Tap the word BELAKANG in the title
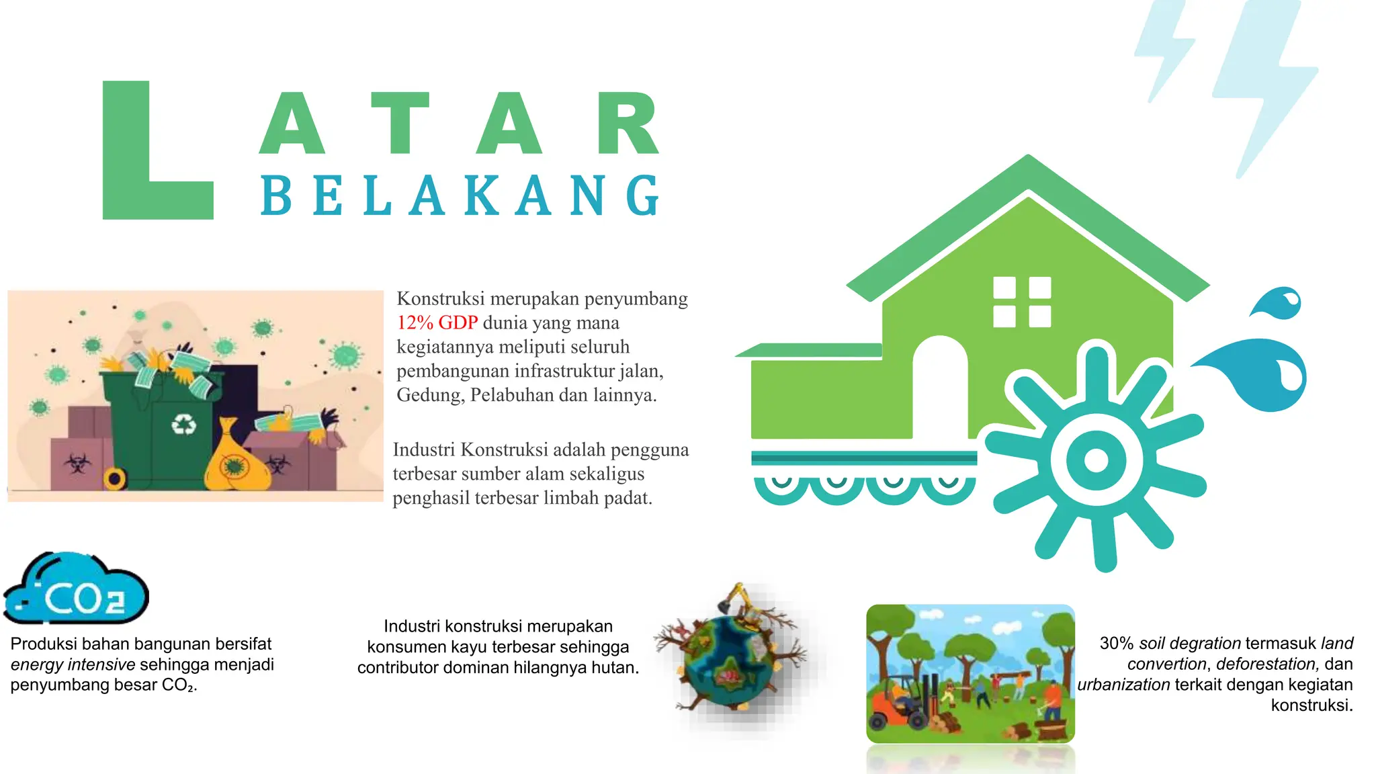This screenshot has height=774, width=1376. click(461, 196)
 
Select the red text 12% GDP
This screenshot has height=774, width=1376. click(437, 322)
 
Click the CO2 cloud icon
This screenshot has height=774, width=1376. click(77, 590)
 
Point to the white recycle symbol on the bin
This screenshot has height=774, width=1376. click(183, 424)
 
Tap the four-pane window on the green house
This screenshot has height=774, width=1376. click(1022, 302)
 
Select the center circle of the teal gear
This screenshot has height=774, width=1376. click(1096, 460)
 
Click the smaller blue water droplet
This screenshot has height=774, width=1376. click(1280, 304)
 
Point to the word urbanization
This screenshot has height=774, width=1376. click(1123, 685)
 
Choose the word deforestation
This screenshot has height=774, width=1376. click(1266, 664)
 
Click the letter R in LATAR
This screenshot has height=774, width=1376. click(628, 124)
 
